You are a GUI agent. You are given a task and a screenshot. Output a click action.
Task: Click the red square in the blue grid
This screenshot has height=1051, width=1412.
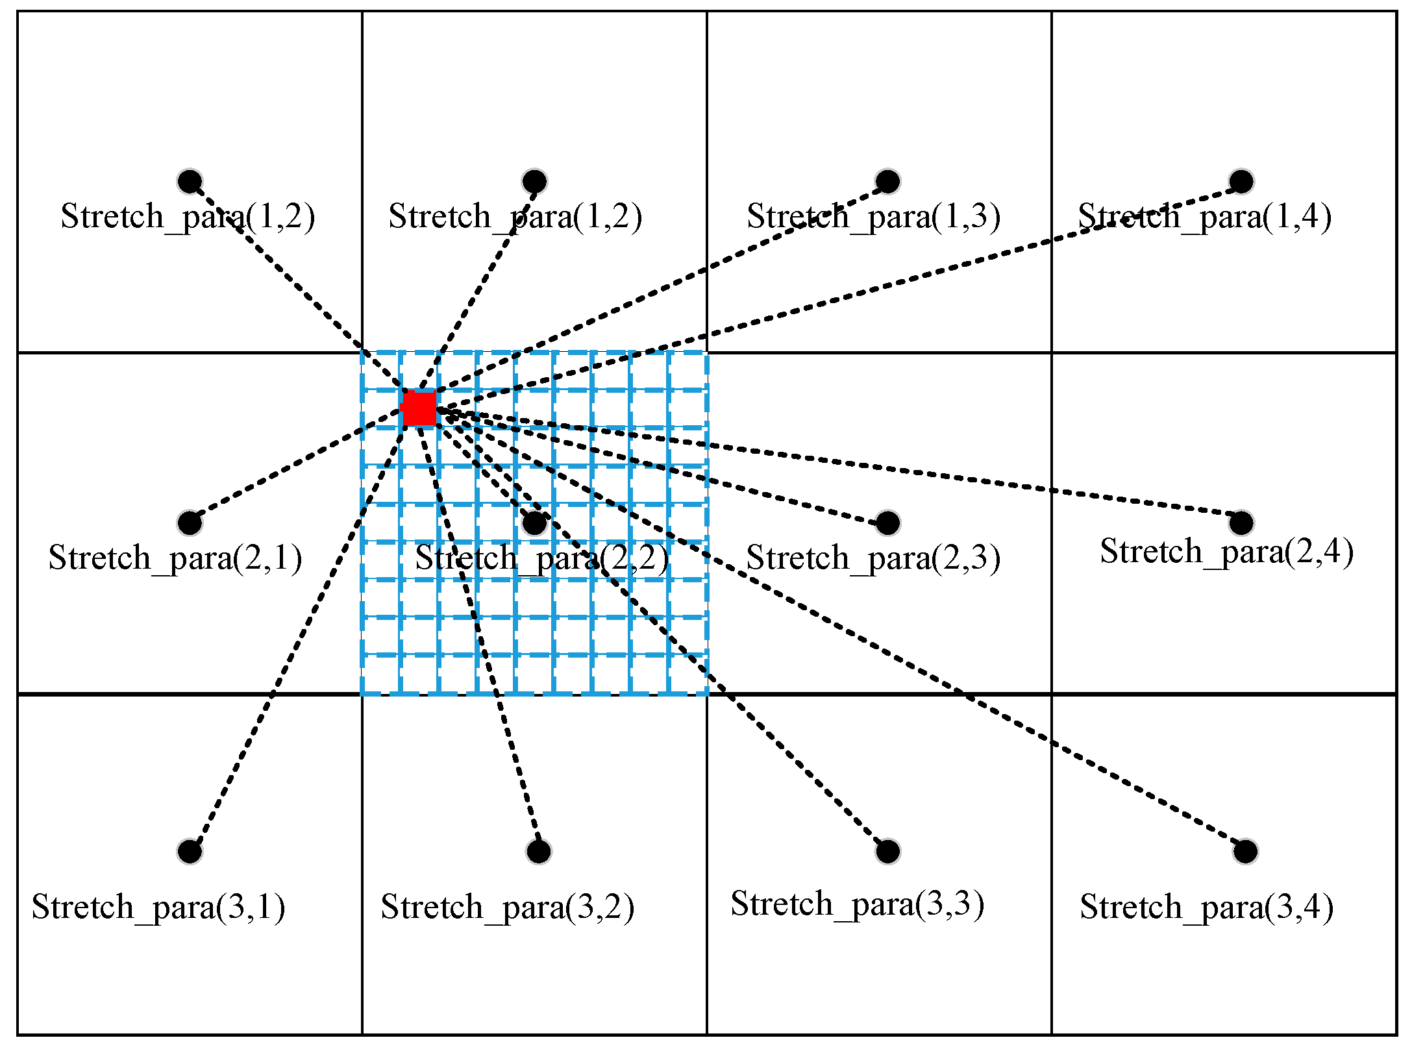point(419,408)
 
